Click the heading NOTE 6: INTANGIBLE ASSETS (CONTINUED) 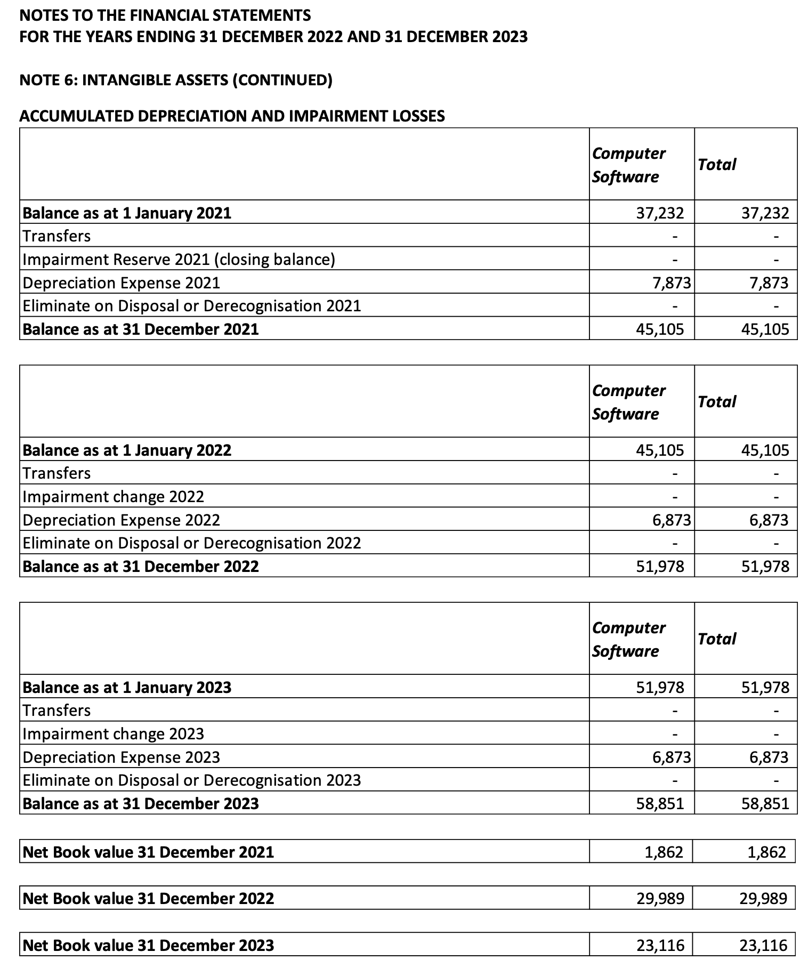tap(176, 80)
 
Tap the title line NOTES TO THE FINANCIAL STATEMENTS tap(165, 15)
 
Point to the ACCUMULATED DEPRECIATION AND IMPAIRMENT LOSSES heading tap(232, 116)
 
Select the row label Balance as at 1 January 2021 tap(127, 213)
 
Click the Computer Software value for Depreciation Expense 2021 tap(672, 283)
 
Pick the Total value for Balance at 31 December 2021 tap(765, 329)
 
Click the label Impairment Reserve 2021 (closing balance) tap(179, 260)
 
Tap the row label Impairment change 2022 tap(113, 497)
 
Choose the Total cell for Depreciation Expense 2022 tap(769, 520)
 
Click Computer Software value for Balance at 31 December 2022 tap(660, 566)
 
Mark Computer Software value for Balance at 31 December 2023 tap(660, 803)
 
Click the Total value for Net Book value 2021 tap(766, 852)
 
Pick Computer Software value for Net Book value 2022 tap(660, 898)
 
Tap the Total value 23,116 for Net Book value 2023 tap(763, 946)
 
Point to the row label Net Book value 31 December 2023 tap(148, 946)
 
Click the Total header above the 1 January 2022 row tap(717, 401)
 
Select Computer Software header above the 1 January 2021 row tap(628, 165)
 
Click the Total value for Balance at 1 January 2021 tap(765, 213)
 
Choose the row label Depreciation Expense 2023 tap(121, 757)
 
